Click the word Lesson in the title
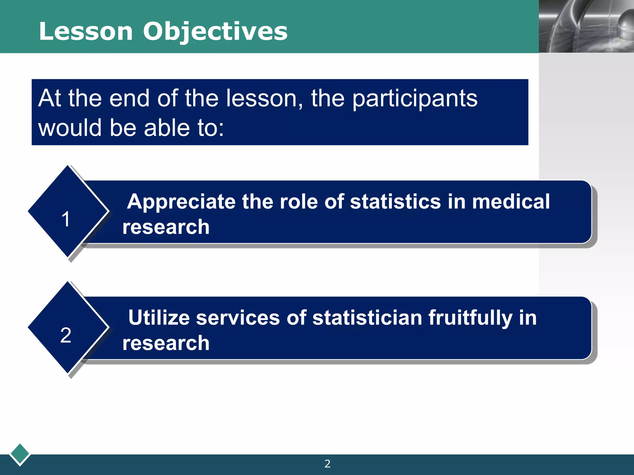coord(86,32)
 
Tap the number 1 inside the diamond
coord(66,219)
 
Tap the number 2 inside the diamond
coord(66,335)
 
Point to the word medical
coord(511,202)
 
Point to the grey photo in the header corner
coord(586,26)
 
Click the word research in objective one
coord(166,227)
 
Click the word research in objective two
coord(166,343)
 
